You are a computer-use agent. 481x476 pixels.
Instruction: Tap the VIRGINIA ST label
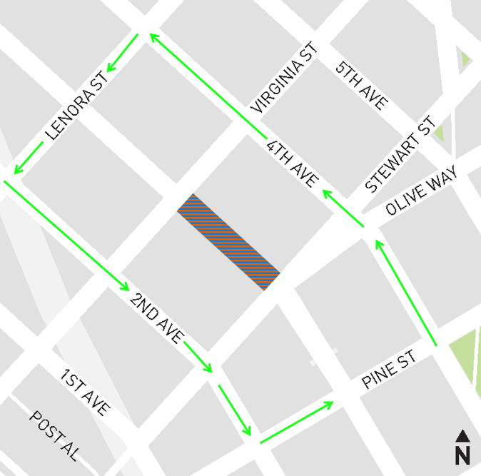point(283,86)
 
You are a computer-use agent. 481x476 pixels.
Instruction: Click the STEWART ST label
point(400,155)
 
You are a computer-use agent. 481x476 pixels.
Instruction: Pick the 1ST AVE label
point(85,393)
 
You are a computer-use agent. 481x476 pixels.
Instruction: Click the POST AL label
point(54,435)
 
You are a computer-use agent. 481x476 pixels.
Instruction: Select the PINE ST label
point(388,370)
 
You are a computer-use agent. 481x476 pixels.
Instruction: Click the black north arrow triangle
point(462,435)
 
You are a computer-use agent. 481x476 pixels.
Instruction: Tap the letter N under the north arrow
point(462,454)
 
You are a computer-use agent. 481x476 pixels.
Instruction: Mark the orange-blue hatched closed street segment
point(228,242)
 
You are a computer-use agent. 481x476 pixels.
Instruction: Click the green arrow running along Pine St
point(295,422)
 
